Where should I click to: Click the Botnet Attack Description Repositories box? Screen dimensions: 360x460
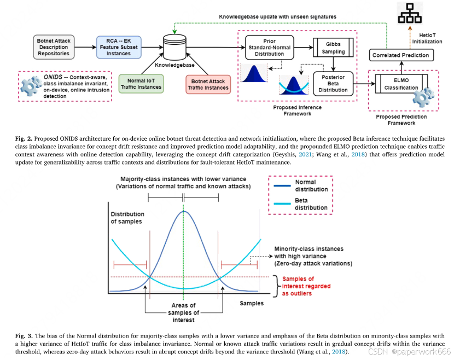(x=53, y=47)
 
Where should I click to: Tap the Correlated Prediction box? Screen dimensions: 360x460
(x=400, y=55)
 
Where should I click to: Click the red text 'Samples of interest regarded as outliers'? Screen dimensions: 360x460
(x=306, y=286)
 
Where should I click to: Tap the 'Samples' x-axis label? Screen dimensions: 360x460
(x=252, y=303)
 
